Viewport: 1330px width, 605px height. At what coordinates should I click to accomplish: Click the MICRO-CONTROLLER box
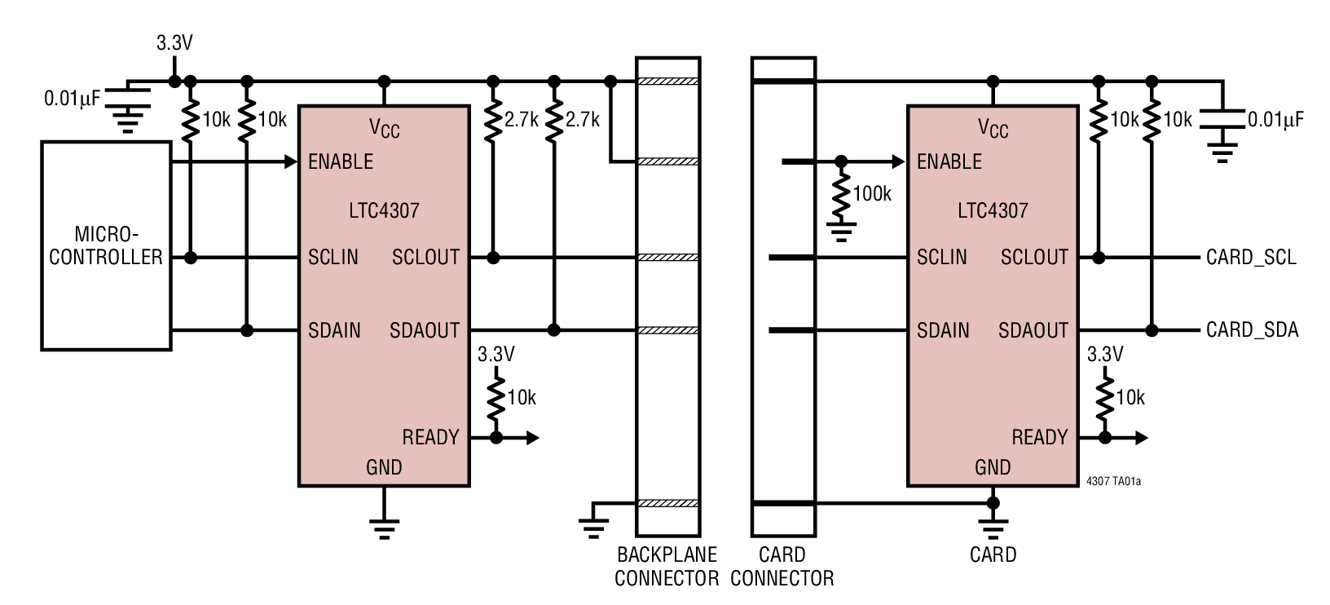click(106, 245)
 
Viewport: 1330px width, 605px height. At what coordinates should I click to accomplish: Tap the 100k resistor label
click(871, 194)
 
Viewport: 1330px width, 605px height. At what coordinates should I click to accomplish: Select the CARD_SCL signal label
click(1251, 258)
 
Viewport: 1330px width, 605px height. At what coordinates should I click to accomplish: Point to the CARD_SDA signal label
click(1252, 330)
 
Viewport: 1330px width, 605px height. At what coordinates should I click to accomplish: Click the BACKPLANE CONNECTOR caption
click(666, 567)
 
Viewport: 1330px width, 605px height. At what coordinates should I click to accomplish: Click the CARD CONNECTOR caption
click(782, 567)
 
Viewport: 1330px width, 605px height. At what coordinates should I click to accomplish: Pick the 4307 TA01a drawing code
click(1113, 482)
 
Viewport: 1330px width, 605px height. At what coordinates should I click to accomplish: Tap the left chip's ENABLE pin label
click(341, 161)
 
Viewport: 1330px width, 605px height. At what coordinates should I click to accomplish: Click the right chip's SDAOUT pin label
click(1033, 330)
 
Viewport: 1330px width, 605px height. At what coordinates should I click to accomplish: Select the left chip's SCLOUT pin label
click(425, 258)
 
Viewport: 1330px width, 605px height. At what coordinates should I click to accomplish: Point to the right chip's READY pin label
click(1039, 438)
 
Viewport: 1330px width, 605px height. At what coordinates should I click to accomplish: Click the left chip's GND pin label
click(384, 467)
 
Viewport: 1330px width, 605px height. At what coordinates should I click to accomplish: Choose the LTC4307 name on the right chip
click(993, 210)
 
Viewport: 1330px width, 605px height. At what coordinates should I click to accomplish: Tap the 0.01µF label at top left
click(72, 99)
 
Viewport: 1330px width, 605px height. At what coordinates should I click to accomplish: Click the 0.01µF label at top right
click(1275, 120)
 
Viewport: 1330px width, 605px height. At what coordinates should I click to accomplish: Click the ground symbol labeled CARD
click(993, 526)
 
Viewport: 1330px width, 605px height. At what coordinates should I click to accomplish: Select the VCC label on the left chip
click(384, 128)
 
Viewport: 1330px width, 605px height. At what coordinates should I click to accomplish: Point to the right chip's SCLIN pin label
click(941, 258)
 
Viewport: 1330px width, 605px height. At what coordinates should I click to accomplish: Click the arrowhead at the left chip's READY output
click(532, 438)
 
